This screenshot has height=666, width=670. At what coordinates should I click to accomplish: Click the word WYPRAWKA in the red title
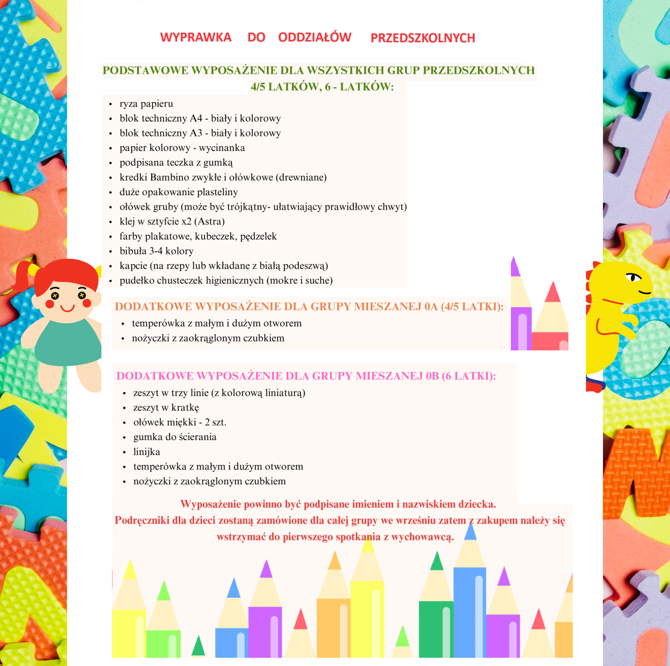(x=196, y=37)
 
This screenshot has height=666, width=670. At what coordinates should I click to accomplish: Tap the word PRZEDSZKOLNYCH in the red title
(x=423, y=38)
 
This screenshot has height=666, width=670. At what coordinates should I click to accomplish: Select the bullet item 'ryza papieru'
(x=146, y=104)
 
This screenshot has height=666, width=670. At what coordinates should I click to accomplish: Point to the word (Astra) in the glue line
(x=210, y=221)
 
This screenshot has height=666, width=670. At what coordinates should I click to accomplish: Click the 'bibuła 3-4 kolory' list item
(x=157, y=251)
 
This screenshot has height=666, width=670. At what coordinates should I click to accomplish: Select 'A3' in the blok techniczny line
(x=196, y=133)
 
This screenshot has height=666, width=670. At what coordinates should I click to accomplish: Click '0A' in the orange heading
(x=431, y=307)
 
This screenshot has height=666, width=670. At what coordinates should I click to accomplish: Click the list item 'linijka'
(x=147, y=452)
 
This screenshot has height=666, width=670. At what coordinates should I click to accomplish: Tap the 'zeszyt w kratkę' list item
(x=166, y=408)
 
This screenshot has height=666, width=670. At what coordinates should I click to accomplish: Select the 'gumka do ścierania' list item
(x=175, y=437)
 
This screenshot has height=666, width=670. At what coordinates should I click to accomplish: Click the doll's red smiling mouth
(x=67, y=308)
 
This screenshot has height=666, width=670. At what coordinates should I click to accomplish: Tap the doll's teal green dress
(x=68, y=344)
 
